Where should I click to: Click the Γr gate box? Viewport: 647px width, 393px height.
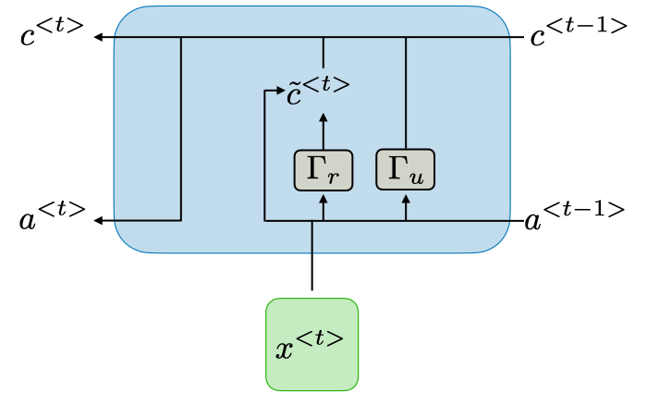[x=323, y=170]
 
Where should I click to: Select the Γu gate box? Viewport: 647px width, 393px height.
[x=406, y=169]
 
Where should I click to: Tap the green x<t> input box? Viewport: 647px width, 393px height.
[x=312, y=343]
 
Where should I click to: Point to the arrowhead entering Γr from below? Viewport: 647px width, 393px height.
[x=323, y=197]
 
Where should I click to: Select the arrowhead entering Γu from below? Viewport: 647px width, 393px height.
[x=406, y=197]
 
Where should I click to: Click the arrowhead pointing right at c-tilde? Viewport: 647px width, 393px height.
[x=278, y=91]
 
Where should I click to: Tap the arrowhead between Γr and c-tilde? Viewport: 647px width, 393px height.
[x=323, y=117]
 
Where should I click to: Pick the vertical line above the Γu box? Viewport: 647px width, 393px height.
[x=406, y=92]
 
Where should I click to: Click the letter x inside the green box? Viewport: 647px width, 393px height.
[x=287, y=350]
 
